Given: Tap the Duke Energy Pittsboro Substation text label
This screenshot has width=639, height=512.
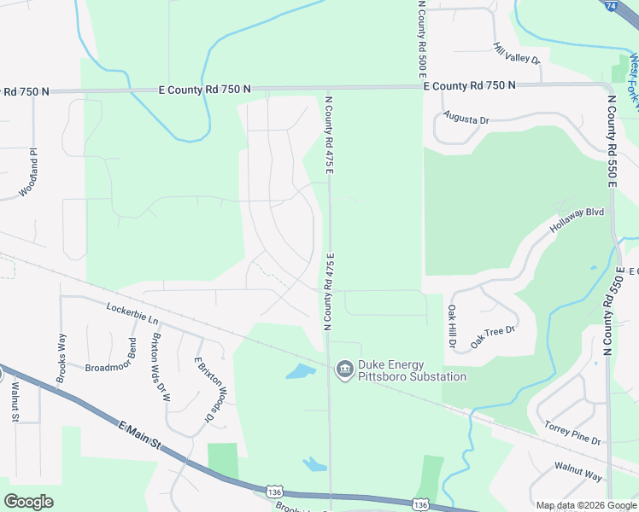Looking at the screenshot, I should coord(412,370).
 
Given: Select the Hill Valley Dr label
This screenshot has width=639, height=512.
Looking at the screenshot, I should coord(518,54).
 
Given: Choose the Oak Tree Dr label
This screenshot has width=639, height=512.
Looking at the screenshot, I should coord(494,335).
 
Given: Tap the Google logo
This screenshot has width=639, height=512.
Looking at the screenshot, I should coord(28,501).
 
